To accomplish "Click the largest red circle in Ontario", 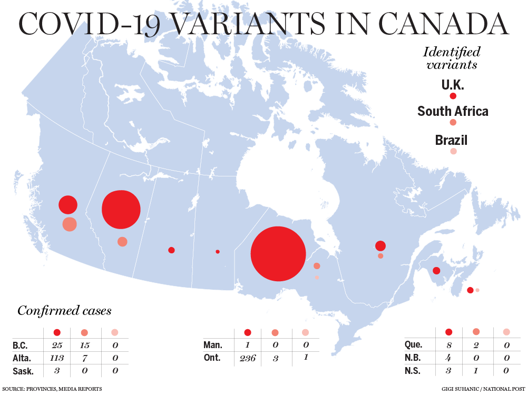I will [278, 254].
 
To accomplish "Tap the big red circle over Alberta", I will [121, 209].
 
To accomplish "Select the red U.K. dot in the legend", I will [453, 96].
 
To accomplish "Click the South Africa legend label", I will [453, 112].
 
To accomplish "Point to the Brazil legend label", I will [451, 141].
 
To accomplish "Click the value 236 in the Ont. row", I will [248, 359].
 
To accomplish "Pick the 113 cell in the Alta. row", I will [57, 359].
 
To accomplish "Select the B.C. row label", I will [21, 346].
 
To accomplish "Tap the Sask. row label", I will [23, 371].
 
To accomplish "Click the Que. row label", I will [413, 345].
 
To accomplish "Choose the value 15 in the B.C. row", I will [84, 346].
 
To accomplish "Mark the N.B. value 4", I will [449, 359].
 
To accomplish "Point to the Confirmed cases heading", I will [64, 311].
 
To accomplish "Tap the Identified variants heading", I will [452, 58].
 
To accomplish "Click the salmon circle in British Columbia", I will [70, 224].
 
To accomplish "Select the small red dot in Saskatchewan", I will [171, 250].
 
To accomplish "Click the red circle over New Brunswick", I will [436, 271].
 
